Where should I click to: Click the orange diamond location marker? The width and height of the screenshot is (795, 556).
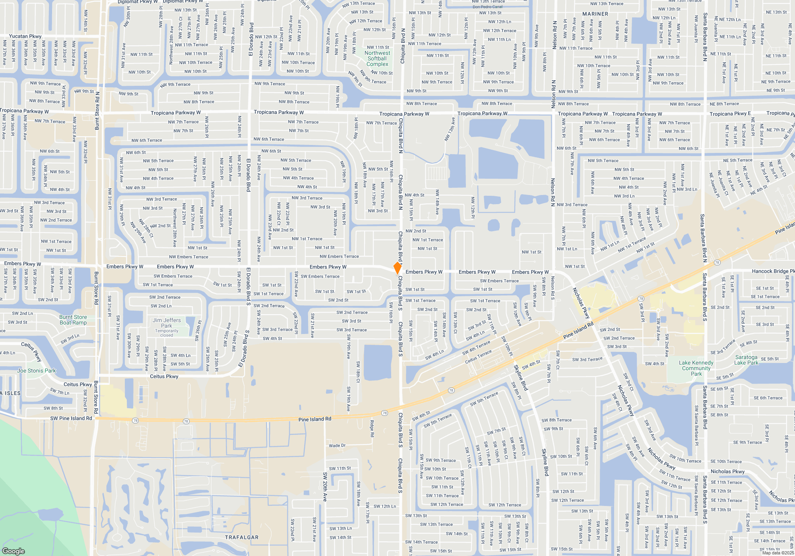(x=397, y=268)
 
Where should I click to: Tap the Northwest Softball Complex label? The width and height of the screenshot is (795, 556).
(x=377, y=58)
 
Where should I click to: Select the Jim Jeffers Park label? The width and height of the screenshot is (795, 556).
(x=167, y=323)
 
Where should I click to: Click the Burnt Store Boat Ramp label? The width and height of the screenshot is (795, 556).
(x=73, y=320)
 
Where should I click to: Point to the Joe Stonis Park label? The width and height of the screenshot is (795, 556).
(x=37, y=371)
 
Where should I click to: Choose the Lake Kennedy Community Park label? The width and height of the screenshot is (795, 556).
(x=696, y=368)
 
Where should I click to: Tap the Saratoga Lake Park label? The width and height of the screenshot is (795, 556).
(x=746, y=360)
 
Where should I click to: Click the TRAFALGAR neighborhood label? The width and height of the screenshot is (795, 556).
(x=242, y=537)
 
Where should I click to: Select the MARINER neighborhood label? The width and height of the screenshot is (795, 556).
(x=595, y=14)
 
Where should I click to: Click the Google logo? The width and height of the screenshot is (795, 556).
(x=14, y=551)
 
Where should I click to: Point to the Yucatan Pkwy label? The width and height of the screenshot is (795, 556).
(x=25, y=36)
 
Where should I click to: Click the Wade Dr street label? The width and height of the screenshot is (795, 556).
(x=337, y=446)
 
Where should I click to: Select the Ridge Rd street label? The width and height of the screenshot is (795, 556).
(x=372, y=429)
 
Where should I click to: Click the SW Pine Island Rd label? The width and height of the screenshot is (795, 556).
(x=71, y=418)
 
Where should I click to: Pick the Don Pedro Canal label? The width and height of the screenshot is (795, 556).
(x=487, y=7)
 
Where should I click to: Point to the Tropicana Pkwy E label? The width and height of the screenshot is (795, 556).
(x=730, y=114)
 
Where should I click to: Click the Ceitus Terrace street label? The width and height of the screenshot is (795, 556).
(x=478, y=357)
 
